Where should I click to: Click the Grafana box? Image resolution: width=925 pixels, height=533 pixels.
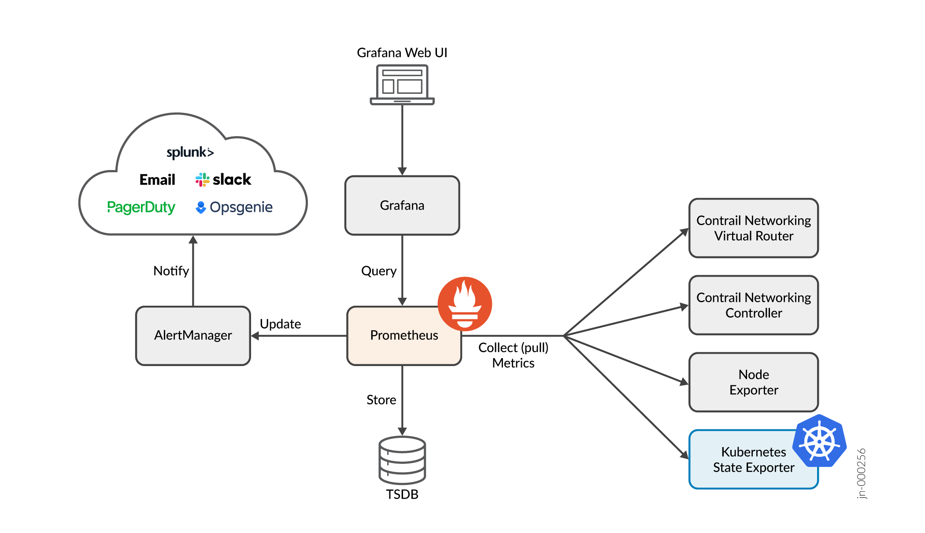click(402, 205)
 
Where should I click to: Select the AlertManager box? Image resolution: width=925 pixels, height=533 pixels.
click(193, 336)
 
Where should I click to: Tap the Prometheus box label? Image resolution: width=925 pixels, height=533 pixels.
click(404, 336)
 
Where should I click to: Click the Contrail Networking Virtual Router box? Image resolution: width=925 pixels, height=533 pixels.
click(753, 228)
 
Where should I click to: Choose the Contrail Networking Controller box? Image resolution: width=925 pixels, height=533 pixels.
click(753, 305)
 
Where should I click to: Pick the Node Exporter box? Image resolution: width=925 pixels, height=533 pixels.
click(753, 382)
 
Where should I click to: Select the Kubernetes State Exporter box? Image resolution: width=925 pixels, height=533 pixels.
click(749, 460)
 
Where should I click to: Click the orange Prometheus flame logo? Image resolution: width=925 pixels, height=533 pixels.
click(465, 304)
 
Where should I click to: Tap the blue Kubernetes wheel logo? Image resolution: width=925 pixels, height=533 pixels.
click(819, 441)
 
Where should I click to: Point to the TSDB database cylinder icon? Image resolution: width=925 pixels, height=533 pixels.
click(402, 460)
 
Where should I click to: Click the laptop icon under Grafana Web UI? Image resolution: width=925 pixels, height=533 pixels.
click(402, 85)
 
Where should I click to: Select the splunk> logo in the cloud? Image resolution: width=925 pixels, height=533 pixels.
click(190, 152)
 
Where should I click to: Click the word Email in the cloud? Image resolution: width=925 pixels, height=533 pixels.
click(157, 180)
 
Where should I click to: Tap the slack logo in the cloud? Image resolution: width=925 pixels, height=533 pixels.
click(223, 180)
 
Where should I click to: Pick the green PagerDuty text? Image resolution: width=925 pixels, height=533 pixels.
click(141, 207)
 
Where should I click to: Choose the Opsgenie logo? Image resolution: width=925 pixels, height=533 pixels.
click(234, 207)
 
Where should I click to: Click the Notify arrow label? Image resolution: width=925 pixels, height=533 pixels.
click(171, 271)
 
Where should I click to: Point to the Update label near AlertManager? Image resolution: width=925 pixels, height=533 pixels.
click(280, 324)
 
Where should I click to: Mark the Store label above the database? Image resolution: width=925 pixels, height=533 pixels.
click(381, 400)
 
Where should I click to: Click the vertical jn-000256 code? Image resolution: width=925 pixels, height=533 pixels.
click(862, 474)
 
